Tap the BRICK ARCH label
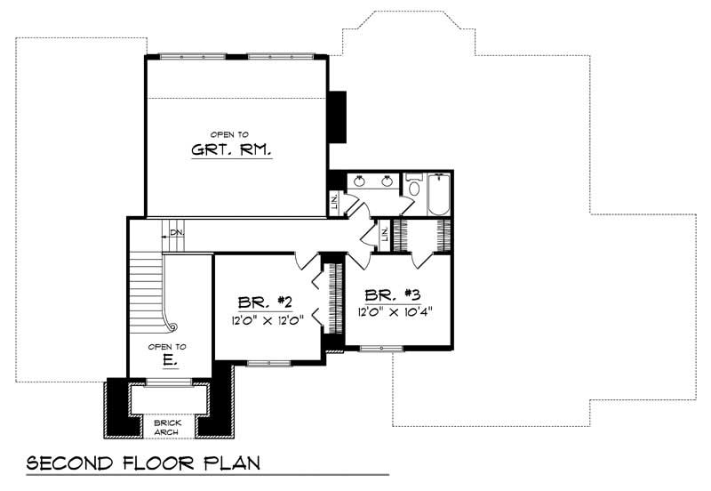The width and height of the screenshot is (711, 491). click(166, 427)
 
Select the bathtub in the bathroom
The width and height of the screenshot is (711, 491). click(439, 197)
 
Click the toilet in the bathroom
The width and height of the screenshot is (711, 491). click(414, 188)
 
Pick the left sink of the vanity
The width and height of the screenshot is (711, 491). click(359, 181)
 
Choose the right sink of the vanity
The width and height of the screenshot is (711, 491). click(388, 181)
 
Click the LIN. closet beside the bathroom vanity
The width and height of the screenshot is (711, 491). click(334, 203)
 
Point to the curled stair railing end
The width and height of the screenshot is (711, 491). click(173, 328)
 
